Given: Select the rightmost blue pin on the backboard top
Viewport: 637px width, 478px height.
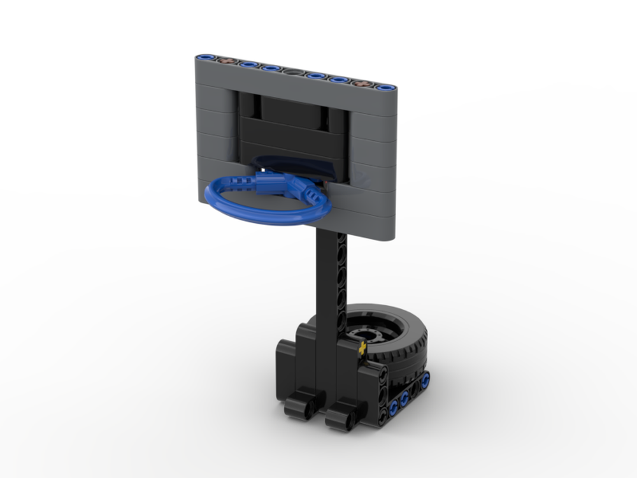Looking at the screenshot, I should point(385,87).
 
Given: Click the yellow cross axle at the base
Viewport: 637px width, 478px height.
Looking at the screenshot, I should point(363,349).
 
